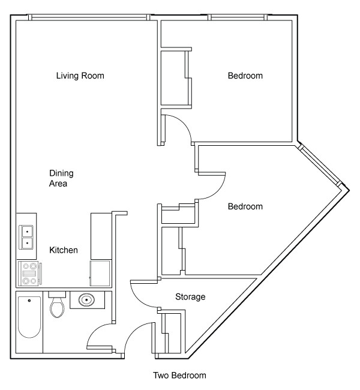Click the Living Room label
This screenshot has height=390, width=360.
[x=80, y=76]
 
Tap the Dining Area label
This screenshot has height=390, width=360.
[x=61, y=178]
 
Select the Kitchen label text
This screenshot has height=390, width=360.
[x=64, y=250]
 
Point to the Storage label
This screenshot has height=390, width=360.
[x=190, y=297]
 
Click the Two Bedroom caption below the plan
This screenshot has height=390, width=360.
[x=179, y=376]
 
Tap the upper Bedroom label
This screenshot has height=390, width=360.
[x=245, y=76]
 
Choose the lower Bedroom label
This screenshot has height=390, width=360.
[x=245, y=206]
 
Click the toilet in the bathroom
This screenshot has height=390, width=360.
[x=57, y=305]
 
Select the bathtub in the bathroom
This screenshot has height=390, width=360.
[x=29, y=317]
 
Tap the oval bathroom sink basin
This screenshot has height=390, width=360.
[x=86, y=300]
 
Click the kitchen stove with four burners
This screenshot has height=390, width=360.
[x=29, y=274]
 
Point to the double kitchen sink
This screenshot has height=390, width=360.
[x=26, y=237]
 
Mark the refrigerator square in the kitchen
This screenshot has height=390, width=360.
[x=100, y=273]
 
